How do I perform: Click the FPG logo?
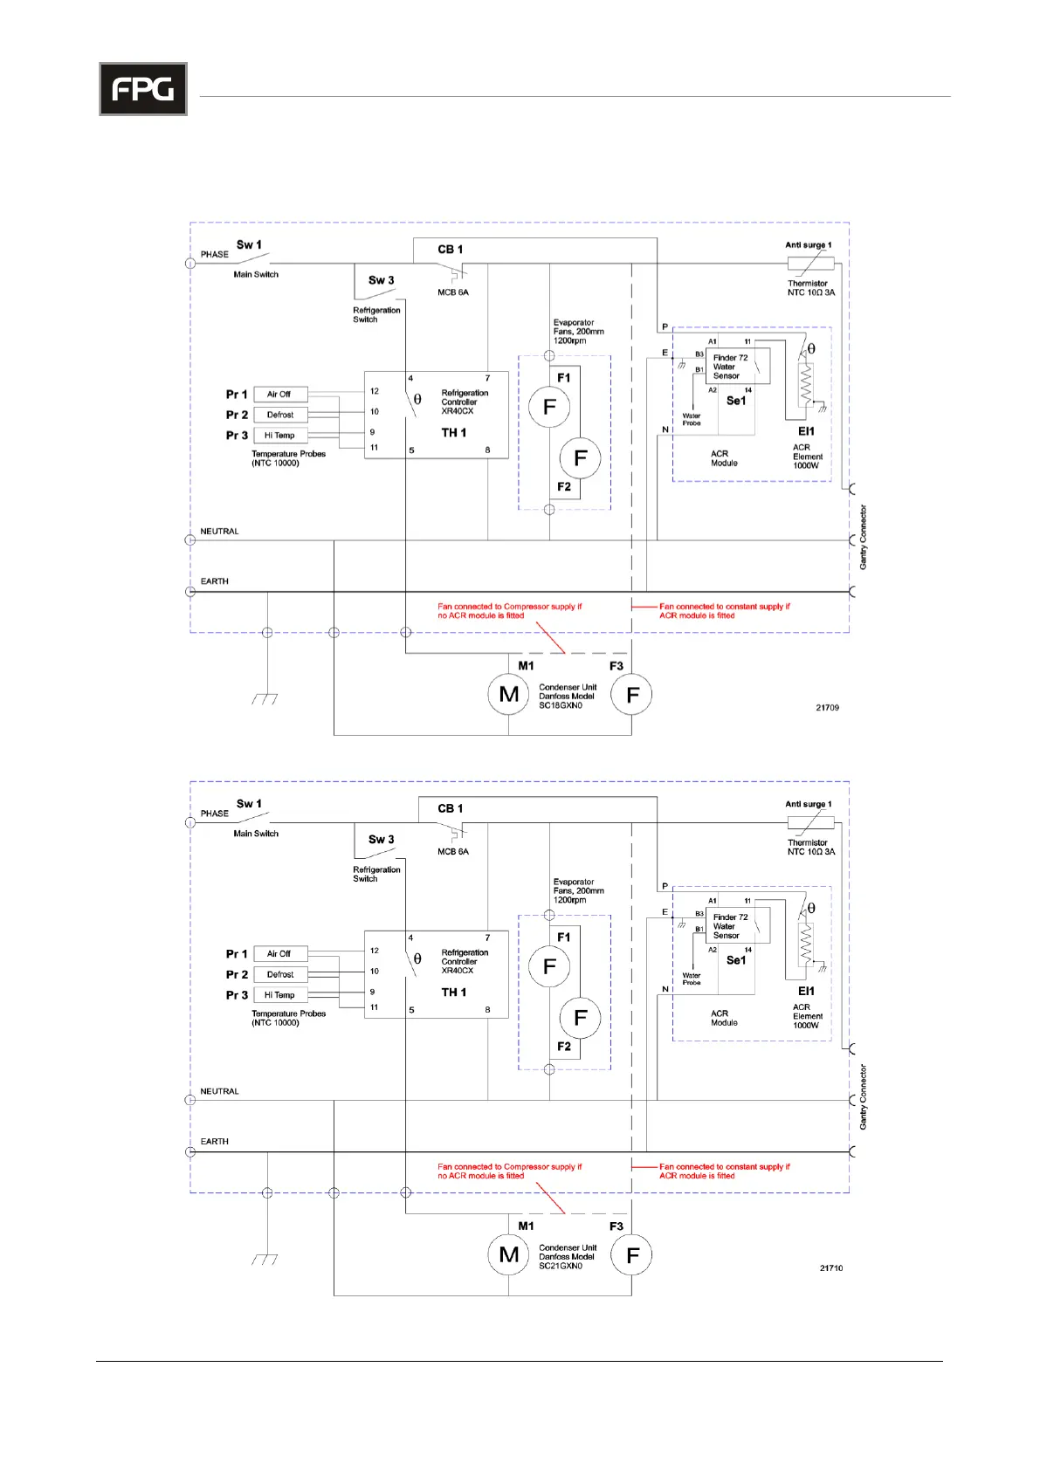pyautogui.click(x=143, y=89)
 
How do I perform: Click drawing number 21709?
pyautogui.click(x=827, y=708)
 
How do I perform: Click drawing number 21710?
pyautogui.click(x=831, y=1268)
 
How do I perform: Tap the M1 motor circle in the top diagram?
pyautogui.click(x=509, y=695)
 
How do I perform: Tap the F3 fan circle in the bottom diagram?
pyautogui.click(x=632, y=1255)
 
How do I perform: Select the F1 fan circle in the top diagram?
pyautogui.click(x=549, y=407)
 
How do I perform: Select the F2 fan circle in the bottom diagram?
pyautogui.click(x=580, y=1018)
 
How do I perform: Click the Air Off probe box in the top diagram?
pyautogui.click(x=280, y=395)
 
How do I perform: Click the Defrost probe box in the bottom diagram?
pyautogui.click(x=280, y=974)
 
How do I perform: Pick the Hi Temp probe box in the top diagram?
pyautogui.click(x=280, y=436)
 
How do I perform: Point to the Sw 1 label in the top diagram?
pyautogui.click(x=249, y=245)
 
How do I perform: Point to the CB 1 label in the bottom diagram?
pyautogui.click(x=451, y=808)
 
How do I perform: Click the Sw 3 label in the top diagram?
pyautogui.click(x=381, y=280)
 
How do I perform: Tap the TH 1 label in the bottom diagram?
pyautogui.click(x=454, y=993)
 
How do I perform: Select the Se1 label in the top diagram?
pyautogui.click(x=736, y=401)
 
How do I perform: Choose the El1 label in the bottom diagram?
pyautogui.click(x=806, y=991)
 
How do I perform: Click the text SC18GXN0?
pyautogui.click(x=561, y=705)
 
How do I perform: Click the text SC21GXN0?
pyautogui.click(x=561, y=1266)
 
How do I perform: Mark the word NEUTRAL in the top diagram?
pyautogui.click(x=219, y=532)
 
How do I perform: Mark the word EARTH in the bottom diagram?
pyautogui.click(x=215, y=1142)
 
